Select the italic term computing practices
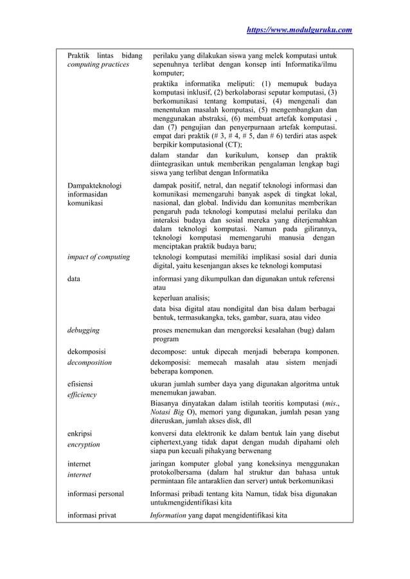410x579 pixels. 98,64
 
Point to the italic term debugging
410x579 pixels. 84,330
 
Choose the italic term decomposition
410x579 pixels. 89,362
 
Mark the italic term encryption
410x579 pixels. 84,444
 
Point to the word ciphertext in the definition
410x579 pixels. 168,442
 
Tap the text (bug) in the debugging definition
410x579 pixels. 301,330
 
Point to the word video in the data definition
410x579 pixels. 309,317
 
